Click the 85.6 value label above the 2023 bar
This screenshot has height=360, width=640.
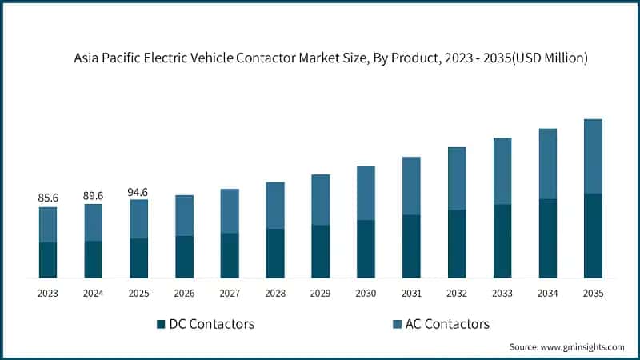(48, 197)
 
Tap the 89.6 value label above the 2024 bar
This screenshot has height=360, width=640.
(94, 194)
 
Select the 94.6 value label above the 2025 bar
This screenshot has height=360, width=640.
(138, 192)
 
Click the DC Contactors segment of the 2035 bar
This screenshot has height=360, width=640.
(593, 235)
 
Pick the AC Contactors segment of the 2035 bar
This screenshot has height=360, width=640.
(593, 156)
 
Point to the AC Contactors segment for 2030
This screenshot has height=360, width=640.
(366, 193)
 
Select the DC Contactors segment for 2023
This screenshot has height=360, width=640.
(48, 260)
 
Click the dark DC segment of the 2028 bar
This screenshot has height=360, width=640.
(275, 253)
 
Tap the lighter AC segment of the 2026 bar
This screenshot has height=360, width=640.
(184, 215)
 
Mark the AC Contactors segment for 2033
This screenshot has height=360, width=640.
(502, 171)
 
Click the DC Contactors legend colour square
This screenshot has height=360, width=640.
(161, 324)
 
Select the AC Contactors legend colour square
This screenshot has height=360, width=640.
(398, 324)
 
